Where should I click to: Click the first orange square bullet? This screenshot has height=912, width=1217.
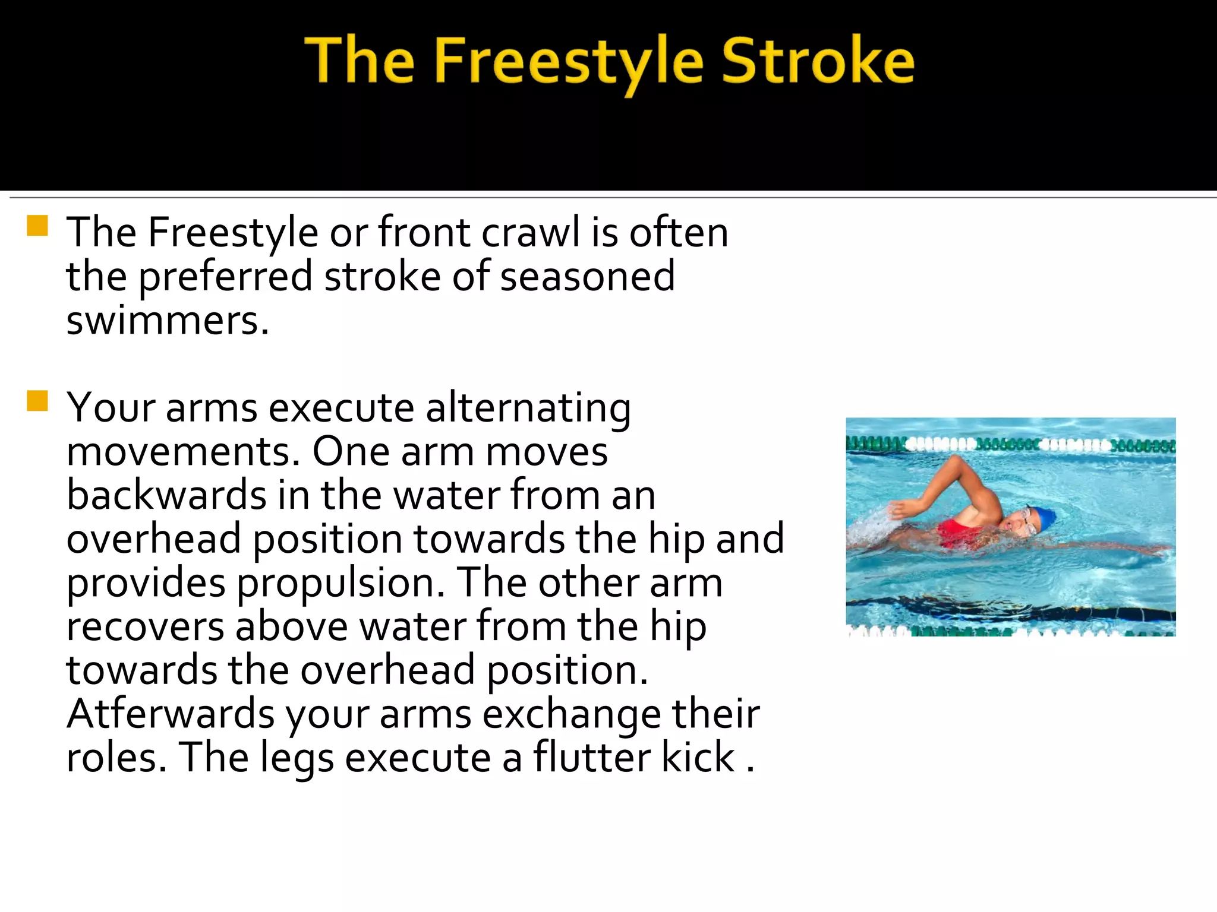(x=37, y=226)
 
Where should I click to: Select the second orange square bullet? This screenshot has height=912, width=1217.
(x=37, y=401)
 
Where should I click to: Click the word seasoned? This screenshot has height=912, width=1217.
(x=587, y=277)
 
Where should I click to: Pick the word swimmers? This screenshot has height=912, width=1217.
(x=167, y=321)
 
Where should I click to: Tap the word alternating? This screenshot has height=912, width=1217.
(x=528, y=408)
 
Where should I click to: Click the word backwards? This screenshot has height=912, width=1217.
(x=166, y=495)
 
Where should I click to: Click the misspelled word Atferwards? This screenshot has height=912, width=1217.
(x=171, y=714)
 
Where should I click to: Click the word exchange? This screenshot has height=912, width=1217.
(x=571, y=714)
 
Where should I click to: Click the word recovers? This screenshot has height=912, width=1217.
(x=146, y=627)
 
